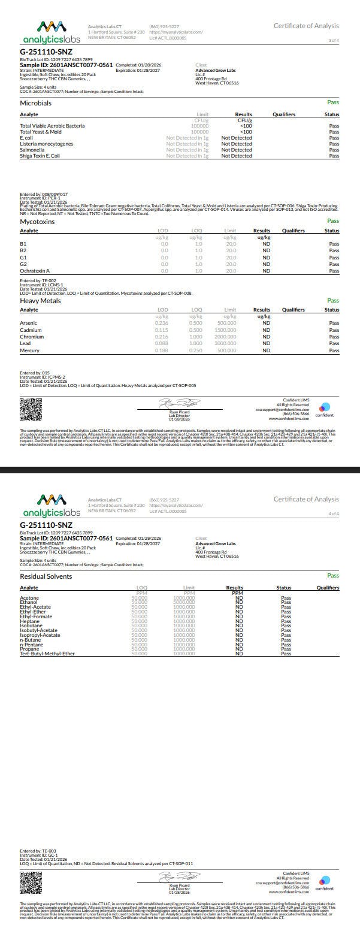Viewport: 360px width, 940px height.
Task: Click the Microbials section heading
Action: coord(35,103)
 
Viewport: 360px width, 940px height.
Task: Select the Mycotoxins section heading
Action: coord(37,222)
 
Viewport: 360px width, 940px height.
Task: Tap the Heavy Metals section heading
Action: coord(40,301)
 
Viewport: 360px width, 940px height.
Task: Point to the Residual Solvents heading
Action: coord(46,576)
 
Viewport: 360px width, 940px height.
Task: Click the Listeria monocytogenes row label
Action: coord(47,144)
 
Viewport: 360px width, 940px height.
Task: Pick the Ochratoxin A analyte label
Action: coord(35,271)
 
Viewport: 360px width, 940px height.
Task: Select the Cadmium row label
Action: coord(31,330)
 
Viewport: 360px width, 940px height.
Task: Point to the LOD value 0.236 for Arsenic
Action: coord(161,323)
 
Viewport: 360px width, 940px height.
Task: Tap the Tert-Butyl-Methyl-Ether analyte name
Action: coord(47,654)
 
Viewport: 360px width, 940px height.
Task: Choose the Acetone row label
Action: coord(29,598)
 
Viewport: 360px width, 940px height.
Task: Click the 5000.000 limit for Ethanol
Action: coord(184,603)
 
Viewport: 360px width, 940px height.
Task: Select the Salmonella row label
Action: coord(33,150)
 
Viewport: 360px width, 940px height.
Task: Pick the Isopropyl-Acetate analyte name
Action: coord(40,635)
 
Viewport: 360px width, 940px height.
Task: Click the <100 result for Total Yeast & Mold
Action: coord(246,132)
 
